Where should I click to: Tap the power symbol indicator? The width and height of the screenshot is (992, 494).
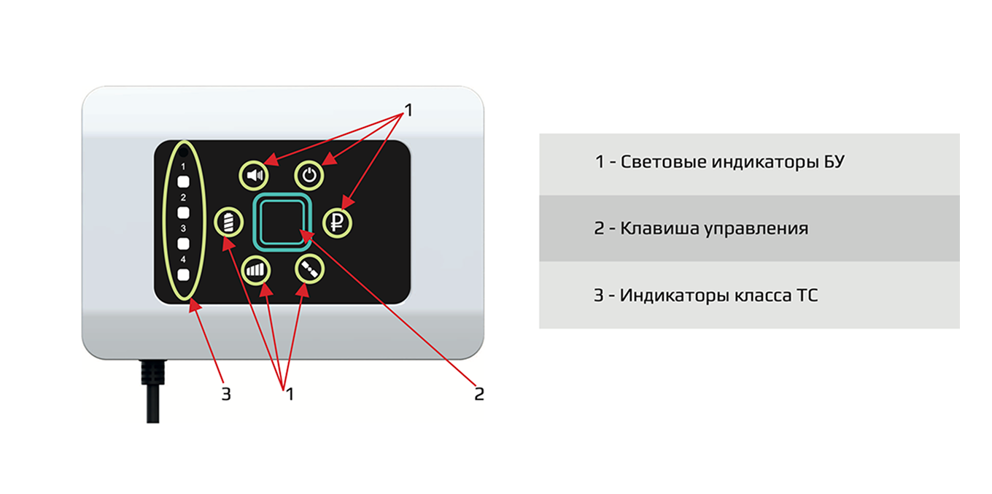(x=310, y=175)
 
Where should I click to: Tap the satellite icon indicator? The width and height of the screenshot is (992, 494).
(x=309, y=269)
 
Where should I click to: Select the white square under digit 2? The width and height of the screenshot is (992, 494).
(x=184, y=212)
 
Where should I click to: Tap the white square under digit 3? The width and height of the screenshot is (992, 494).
(x=184, y=244)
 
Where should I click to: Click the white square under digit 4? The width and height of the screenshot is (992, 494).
(x=184, y=275)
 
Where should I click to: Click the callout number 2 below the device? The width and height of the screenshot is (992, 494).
(x=478, y=394)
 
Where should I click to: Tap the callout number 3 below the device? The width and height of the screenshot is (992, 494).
(x=226, y=394)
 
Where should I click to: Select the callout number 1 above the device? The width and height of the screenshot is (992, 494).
(x=408, y=110)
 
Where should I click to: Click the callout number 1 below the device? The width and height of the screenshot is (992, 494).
(x=289, y=394)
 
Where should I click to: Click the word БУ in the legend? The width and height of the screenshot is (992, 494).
(x=832, y=162)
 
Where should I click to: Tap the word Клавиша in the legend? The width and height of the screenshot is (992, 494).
(x=654, y=228)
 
